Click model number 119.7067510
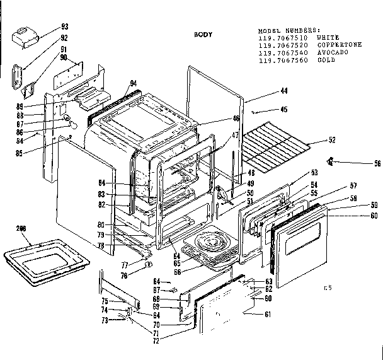[282, 38]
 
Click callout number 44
[266, 91]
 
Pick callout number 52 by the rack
[332, 139]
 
